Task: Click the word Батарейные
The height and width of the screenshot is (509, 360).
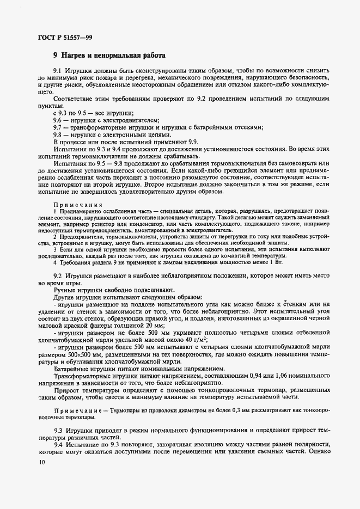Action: point(72,368)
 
